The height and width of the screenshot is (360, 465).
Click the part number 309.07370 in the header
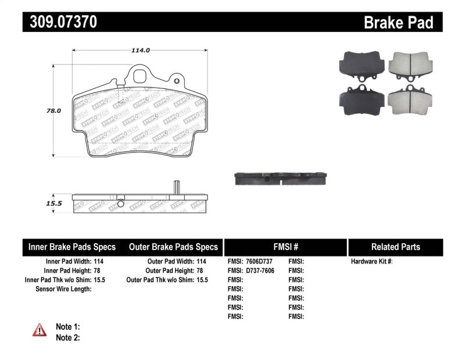coord(60,23)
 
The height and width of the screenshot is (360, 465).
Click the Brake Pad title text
coord(399,23)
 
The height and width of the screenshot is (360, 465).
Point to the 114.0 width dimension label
coord(141,51)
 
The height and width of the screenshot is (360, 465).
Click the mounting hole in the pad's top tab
coord(140,76)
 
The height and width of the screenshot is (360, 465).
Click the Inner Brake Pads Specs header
coord(72,247)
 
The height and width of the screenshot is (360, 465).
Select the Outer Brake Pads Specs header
coord(173,247)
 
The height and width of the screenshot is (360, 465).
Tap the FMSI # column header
coord(285,247)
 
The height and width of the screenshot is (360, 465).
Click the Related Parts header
coord(395,247)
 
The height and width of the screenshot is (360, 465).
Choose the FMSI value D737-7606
coord(259,271)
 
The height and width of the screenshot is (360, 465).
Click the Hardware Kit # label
coord(371,262)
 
